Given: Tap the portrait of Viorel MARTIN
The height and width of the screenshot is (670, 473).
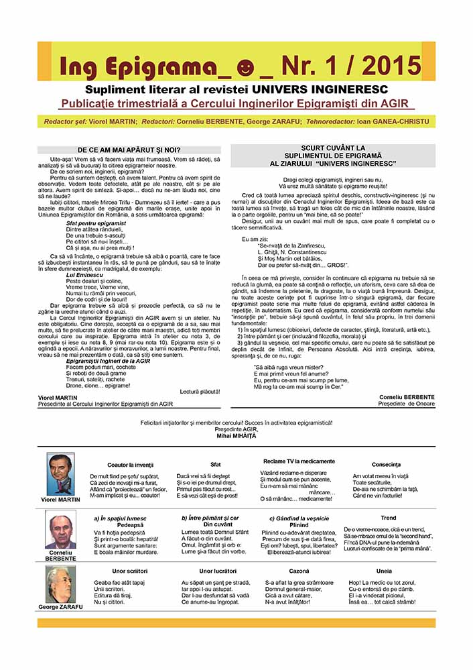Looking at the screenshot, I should tap(60, 473).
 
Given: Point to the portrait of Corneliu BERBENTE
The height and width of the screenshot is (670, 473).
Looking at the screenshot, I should tap(60, 531).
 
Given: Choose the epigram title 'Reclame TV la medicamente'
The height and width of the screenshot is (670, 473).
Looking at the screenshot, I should tap(299, 461).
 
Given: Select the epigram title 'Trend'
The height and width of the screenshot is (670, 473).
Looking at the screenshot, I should tap(389, 518).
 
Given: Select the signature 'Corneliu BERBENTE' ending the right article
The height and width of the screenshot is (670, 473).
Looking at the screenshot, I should tap(407, 397).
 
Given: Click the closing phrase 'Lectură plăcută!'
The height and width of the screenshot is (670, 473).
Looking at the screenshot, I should tap(200, 391).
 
